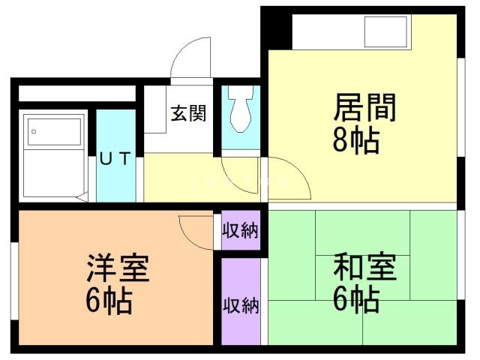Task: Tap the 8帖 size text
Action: tap(355, 140)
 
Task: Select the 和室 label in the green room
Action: tap(364, 267)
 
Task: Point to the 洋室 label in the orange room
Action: tap(118, 268)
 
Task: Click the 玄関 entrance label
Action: tap(188, 114)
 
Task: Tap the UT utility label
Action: tap(116, 158)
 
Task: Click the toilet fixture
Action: tap(241, 111)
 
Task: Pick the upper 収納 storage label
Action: tap(240, 230)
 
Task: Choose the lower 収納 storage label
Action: tap(240, 305)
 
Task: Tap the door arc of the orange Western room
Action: tap(196, 230)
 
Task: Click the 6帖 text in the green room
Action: tap(355, 299)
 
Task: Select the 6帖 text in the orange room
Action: tap(109, 301)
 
